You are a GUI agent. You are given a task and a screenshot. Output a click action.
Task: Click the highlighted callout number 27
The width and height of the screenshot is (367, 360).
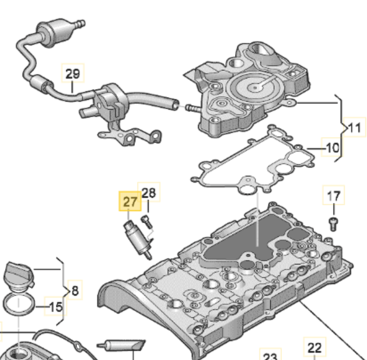point(130,201)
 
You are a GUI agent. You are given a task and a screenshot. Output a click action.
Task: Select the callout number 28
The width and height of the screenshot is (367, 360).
point(149,192)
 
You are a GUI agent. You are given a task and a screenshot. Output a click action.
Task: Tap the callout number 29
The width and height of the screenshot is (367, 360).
point(72,74)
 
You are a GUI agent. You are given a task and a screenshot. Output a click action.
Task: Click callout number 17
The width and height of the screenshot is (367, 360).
point(333,196)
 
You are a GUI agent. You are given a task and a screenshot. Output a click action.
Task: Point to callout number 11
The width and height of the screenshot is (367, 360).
point(354,128)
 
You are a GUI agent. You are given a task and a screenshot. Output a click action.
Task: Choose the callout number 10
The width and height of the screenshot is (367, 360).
point(332,148)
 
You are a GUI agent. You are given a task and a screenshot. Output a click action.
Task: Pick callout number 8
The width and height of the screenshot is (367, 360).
point(75,291)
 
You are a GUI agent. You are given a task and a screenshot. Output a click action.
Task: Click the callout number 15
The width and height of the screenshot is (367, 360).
point(56,307)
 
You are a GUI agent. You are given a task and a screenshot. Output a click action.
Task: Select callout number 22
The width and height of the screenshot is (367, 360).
point(314,348)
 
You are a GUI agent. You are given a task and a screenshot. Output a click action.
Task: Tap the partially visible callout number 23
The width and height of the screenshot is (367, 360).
point(270,356)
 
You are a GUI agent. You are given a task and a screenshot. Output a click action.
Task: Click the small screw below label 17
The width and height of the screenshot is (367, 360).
point(333,224)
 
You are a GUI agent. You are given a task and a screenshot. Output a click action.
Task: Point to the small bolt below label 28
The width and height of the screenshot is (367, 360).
point(146,221)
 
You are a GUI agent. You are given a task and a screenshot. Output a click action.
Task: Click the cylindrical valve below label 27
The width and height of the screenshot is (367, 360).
point(138,240)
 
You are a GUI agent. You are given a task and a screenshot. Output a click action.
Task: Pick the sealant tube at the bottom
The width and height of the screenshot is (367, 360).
point(122,345)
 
